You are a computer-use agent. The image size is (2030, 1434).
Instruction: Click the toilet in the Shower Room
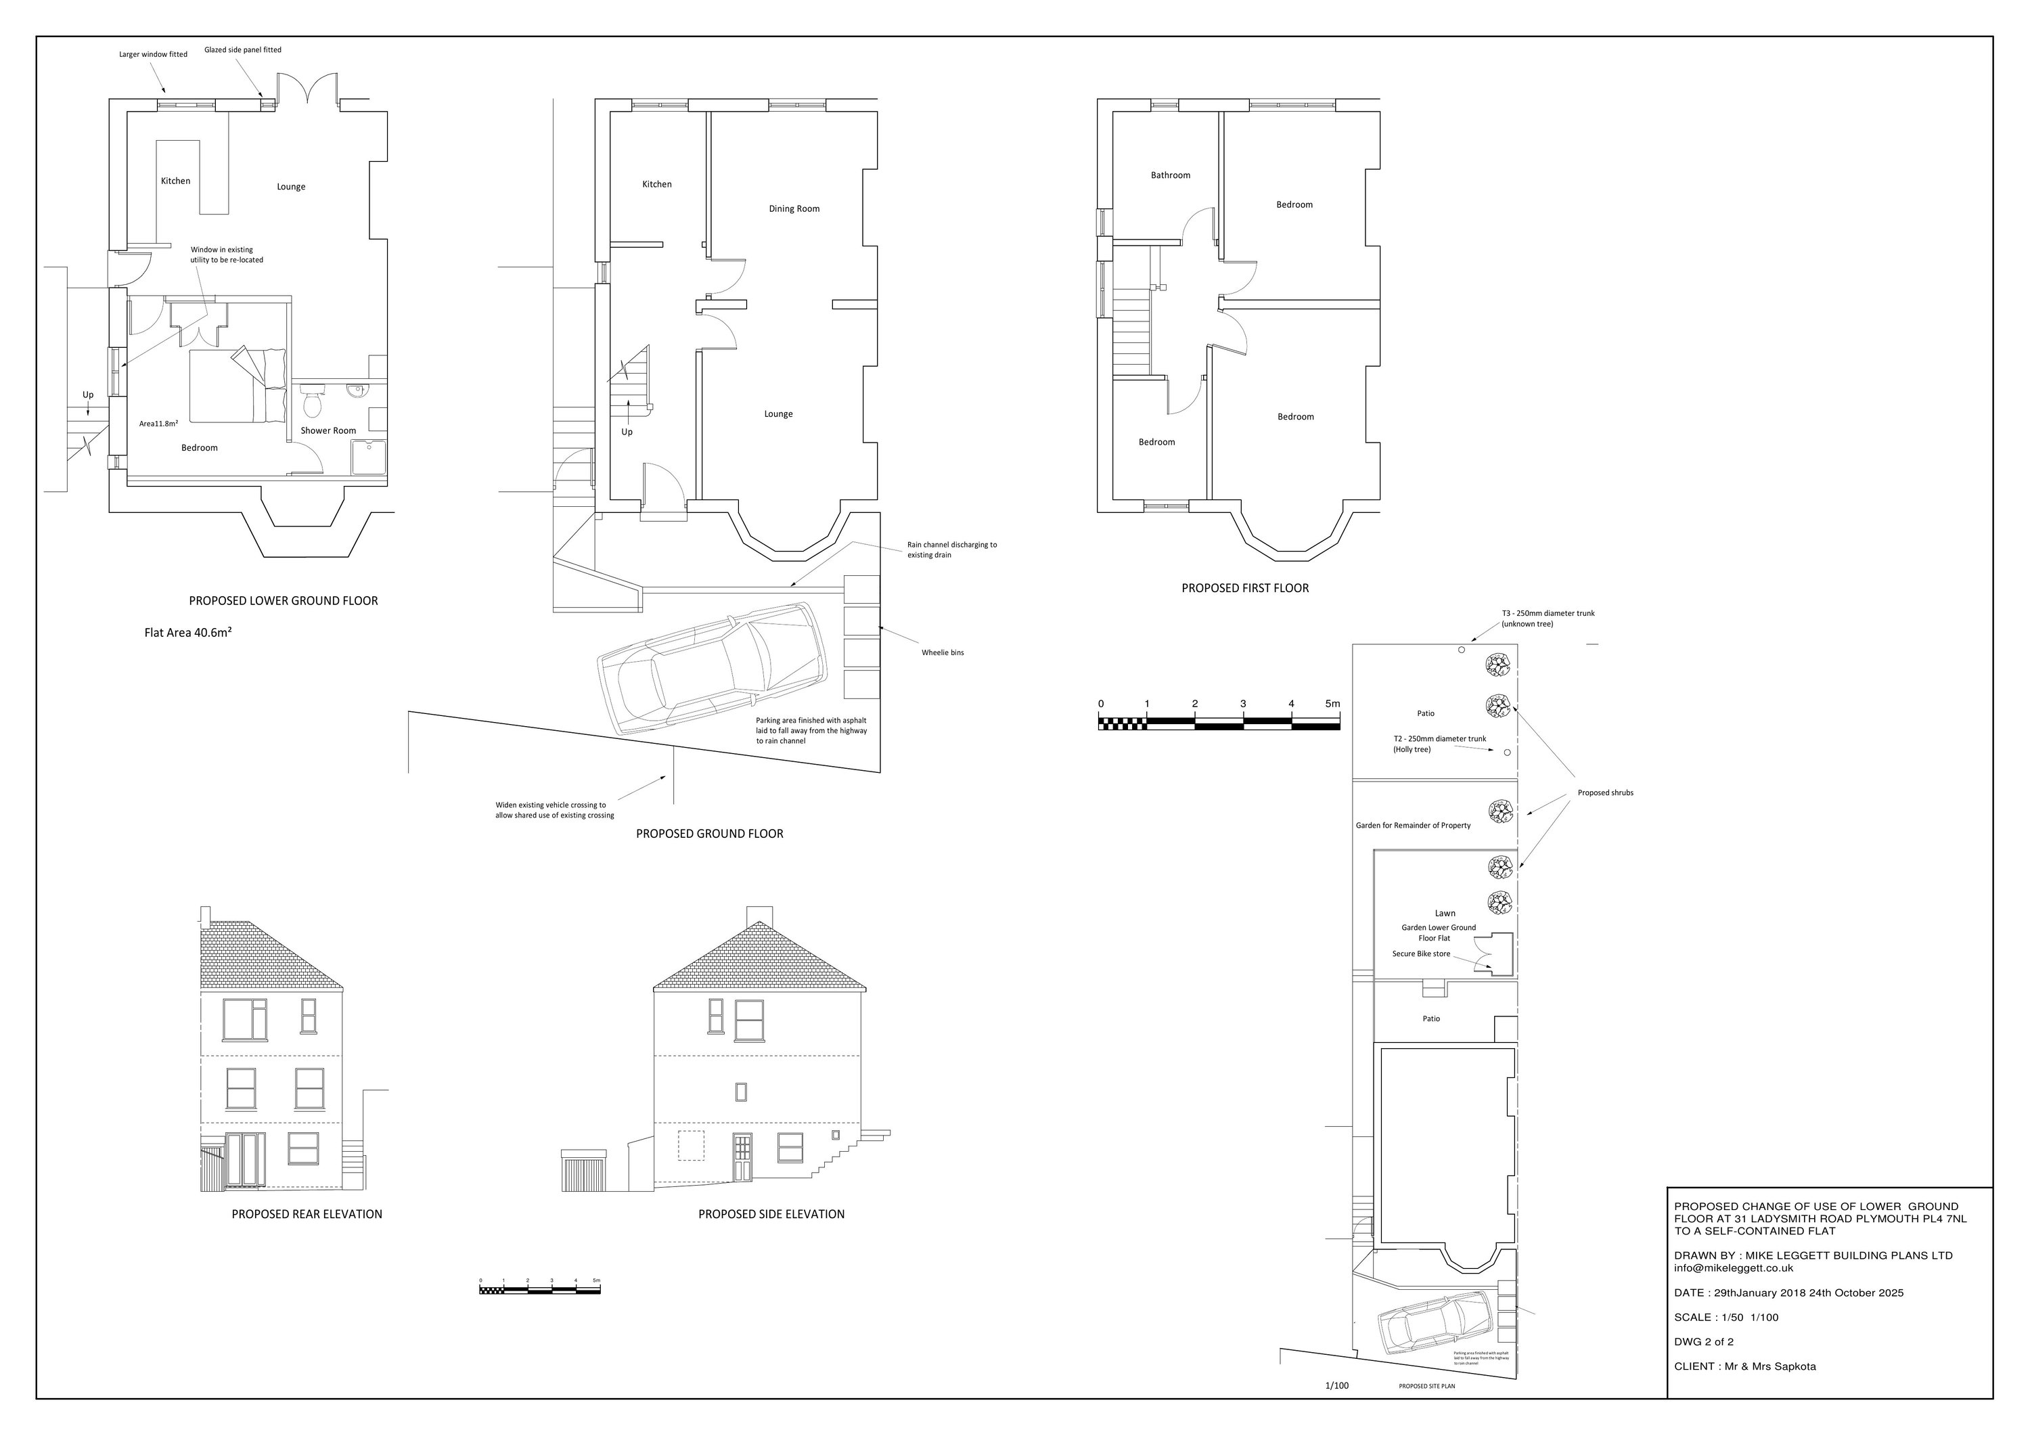coord(311,405)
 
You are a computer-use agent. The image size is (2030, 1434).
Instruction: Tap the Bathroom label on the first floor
coord(1170,175)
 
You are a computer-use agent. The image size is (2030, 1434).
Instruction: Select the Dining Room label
coord(793,208)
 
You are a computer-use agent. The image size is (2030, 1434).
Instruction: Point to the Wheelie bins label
coord(942,652)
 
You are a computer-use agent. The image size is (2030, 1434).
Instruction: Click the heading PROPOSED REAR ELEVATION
coord(307,1214)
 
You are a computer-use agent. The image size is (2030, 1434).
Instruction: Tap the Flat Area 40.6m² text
coord(187,632)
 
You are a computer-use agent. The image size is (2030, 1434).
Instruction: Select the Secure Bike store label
coord(1421,954)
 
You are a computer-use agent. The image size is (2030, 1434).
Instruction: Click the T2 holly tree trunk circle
coord(1506,753)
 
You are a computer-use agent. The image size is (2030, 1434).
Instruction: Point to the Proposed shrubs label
coord(1605,793)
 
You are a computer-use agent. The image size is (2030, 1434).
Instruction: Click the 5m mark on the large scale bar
coord(1332,704)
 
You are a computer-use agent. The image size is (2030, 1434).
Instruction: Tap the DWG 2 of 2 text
coord(1703,1341)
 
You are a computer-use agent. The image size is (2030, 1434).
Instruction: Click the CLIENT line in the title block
coord(1744,1366)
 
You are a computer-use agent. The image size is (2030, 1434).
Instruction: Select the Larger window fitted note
coord(153,55)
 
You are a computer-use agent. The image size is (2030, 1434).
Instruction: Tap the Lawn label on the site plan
coord(1444,914)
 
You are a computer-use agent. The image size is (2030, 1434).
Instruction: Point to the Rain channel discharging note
coord(951,550)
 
